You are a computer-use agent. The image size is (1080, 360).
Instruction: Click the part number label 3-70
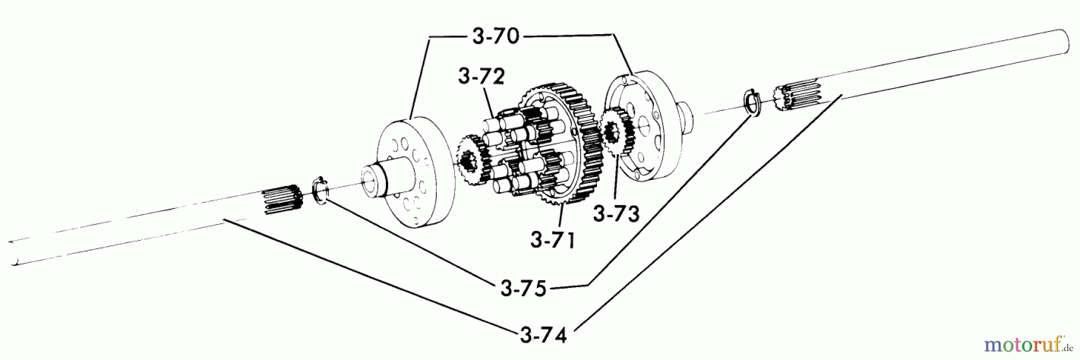point(495,37)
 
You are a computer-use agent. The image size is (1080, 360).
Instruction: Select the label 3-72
point(481,77)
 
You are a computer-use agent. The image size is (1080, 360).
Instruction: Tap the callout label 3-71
point(552,240)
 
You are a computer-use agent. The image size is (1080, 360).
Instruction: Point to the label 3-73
point(616,214)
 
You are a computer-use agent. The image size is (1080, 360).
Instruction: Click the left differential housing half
point(414,174)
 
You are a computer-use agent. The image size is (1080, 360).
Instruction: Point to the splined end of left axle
point(281,198)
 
